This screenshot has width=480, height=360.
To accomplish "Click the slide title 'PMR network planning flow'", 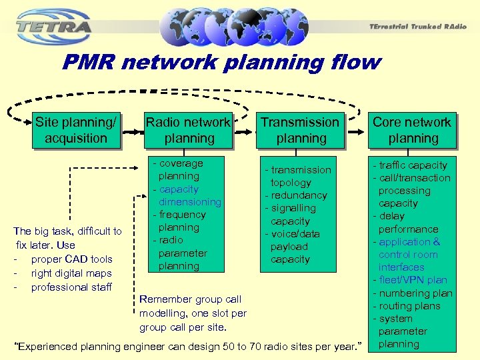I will point(221,63).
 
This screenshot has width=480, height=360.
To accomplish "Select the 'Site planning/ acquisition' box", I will point(75,130).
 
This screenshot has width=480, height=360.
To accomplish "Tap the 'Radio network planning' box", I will point(189,130).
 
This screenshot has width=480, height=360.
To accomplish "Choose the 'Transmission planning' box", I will point(300,130).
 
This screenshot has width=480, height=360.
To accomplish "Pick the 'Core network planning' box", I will point(412,130).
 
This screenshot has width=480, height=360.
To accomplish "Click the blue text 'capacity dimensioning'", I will point(187,195).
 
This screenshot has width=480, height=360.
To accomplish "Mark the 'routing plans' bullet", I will point(409,306).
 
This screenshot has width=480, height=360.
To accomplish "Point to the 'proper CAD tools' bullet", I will point(71,259).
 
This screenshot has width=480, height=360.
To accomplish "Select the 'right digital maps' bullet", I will point(71,273).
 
